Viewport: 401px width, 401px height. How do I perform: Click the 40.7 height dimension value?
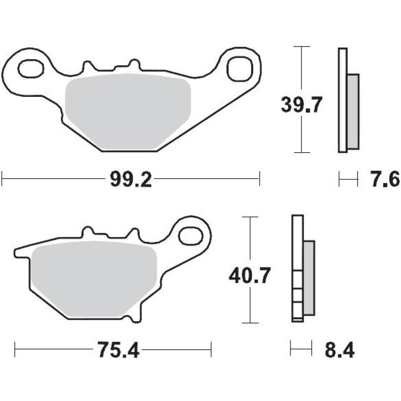[250, 276]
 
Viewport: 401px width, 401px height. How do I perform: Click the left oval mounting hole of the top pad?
[31, 69]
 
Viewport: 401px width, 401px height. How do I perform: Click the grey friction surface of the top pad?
[128, 111]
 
